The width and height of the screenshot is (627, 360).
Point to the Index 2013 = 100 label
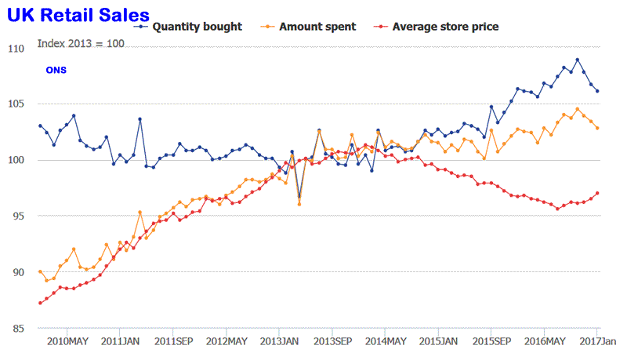pyautogui.click(x=81, y=43)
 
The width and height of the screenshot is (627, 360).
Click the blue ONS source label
pyautogui.click(x=56, y=71)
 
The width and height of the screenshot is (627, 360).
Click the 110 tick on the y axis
pyautogui.click(x=16, y=49)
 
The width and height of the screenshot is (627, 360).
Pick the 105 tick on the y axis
pyautogui.click(x=16, y=104)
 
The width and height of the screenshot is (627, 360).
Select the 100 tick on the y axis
pyautogui.click(x=16, y=160)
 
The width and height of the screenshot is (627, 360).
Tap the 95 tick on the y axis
pyautogui.click(x=16, y=216)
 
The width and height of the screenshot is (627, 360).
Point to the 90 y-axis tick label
pyautogui.click(x=16, y=272)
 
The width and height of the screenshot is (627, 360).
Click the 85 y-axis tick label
pyautogui.click(x=16, y=328)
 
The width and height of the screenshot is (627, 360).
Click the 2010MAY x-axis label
pyautogui.click(x=67, y=341)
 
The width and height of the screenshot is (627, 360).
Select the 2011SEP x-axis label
pyautogui.click(x=173, y=341)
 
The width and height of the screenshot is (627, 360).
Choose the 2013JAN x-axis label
pyautogui.click(x=279, y=341)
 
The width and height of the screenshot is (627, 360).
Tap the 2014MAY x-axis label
pyautogui.click(x=385, y=341)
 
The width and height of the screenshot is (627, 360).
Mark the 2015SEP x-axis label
pyautogui.click(x=491, y=341)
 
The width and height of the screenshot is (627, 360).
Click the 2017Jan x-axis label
pyautogui.click(x=596, y=341)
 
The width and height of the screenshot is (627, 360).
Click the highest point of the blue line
pyautogui.click(x=578, y=60)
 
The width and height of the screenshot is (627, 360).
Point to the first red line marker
pyautogui.click(x=40, y=303)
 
